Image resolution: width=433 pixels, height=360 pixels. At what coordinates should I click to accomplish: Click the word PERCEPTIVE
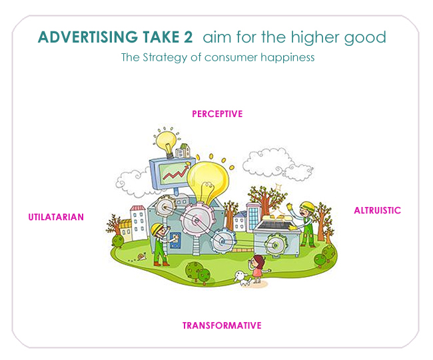(x=217, y=114)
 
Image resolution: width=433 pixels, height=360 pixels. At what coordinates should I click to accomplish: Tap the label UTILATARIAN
(x=56, y=217)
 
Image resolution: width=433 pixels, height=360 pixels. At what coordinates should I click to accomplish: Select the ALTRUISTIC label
(x=377, y=210)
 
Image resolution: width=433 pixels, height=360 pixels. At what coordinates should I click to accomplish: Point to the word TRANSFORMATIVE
(x=222, y=325)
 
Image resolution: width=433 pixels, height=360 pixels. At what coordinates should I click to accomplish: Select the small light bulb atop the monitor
(x=166, y=140)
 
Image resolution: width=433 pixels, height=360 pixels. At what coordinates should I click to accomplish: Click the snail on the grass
(x=141, y=256)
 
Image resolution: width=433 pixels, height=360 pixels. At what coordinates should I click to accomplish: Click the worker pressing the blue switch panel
(x=158, y=238)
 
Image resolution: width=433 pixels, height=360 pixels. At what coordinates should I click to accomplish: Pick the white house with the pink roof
(x=137, y=222)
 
